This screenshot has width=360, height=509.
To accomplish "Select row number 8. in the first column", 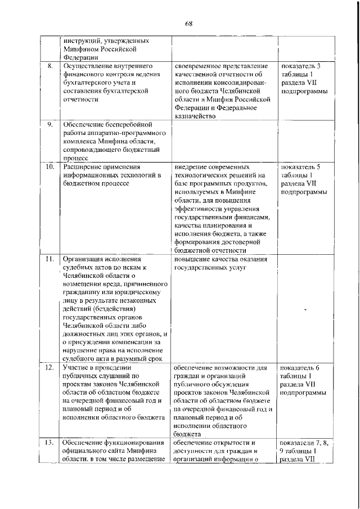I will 49,66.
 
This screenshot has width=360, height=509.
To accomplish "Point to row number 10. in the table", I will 49,167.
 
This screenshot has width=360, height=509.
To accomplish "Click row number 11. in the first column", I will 49,259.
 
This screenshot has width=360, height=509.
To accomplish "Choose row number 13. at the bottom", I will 49,443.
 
